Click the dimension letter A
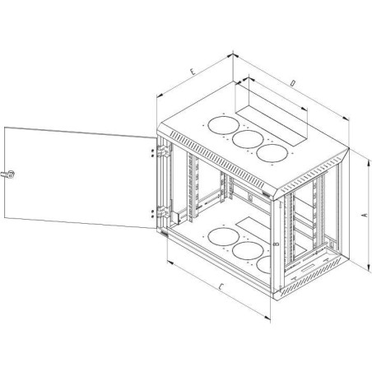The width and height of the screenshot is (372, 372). click(x=365, y=216)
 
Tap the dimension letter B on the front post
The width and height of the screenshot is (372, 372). click(x=277, y=244)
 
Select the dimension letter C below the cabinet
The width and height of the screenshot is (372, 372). click(x=221, y=287)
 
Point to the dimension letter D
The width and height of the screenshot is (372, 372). click(x=293, y=83)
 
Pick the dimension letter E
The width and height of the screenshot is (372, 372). click(x=193, y=72)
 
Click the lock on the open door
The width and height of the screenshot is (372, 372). click(x=8, y=174)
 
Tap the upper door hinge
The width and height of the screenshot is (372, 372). click(x=163, y=151)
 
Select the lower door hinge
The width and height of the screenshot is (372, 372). click(x=163, y=212)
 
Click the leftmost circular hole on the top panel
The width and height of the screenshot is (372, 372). click(x=223, y=125)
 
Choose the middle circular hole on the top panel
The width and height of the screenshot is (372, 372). click(x=248, y=139)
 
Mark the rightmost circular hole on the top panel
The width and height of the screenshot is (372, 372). click(x=272, y=152)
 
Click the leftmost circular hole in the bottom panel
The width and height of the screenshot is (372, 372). click(x=223, y=237)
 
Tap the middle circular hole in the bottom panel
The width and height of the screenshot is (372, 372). click(x=248, y=250)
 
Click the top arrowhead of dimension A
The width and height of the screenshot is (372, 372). click(x=368, y=164)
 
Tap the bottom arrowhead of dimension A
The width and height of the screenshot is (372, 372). click(x=368, y=268)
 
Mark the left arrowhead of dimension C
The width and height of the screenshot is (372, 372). click(x=170, y=263)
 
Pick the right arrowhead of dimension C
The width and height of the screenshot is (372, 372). click(x=267, y=318)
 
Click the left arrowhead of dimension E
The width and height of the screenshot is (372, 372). click(x=160, y=95)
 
